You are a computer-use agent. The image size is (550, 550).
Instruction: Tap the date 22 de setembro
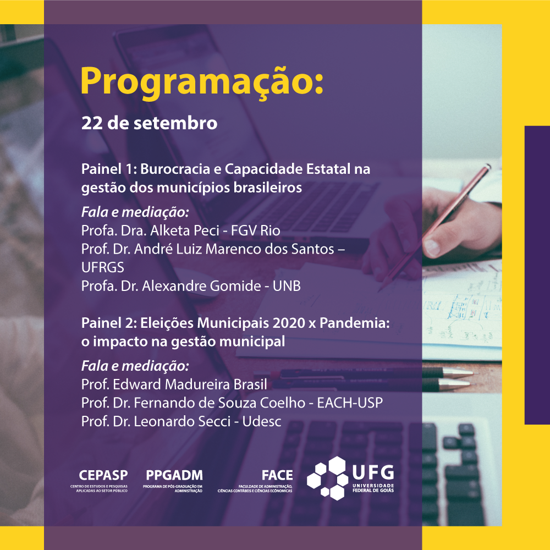click(x=149, y=123)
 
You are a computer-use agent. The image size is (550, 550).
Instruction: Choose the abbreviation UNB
click(x=287, y=286)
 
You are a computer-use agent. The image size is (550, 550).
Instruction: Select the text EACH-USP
click(x=350, y=403)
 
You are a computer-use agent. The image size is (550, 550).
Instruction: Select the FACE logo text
click(x=277, y=475)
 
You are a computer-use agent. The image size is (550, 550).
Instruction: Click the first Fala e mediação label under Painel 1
click(x=128, y=212)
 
